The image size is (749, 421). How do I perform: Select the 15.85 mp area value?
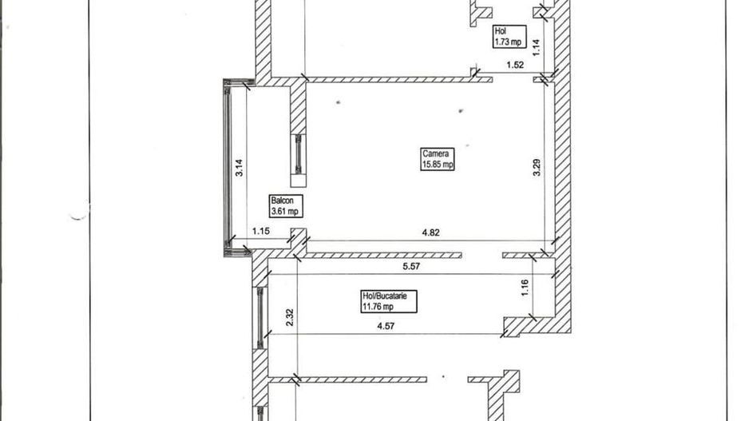click(438, 165)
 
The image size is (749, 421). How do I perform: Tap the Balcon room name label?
click(280, 201)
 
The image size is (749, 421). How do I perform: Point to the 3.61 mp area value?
click(284, 212)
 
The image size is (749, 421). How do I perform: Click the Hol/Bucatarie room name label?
click(384, 296)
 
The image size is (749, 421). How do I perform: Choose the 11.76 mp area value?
click(378, 305)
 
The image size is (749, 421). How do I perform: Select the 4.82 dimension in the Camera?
click(431, 233)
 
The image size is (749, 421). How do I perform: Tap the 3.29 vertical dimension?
click(537, 167)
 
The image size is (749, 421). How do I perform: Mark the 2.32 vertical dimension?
click(290, 317)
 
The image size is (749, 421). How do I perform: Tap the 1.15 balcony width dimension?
click(260, 232)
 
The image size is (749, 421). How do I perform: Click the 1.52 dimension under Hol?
click(515, 66)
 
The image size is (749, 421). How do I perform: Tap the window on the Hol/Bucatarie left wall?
click(260, 318)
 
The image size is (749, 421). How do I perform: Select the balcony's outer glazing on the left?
click(228, 168)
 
